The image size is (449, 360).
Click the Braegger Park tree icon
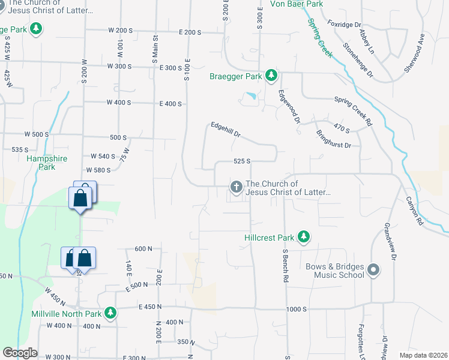pyautogui.click(x=272, y=76)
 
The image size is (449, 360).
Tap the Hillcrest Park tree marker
pyautogui.click(x=304, y=237)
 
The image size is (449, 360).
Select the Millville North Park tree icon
pyautogui.click(x=110, y=313)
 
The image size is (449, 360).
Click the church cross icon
pyautogui.click(x=237, y=187)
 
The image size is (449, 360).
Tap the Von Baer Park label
pyautogui.click(x=297, y=4)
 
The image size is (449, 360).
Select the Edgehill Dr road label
pyautogui.click(x=226, y=130)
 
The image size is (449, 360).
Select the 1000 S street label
pyautogui.click(x=297, y=309)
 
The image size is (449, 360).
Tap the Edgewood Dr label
pyautogui.click(x=289, y=106)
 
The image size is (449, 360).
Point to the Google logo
pyautogui.click(x=20, y=353)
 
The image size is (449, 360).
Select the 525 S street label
pyautogui.click(x=241, y=161)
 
